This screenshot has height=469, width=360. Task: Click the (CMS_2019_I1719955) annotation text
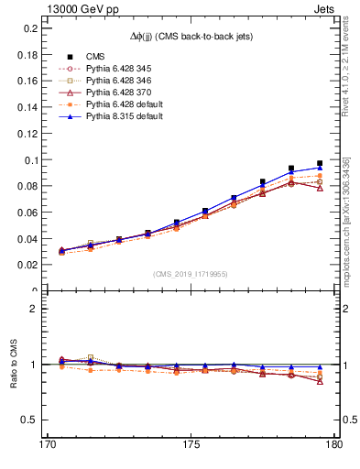coord(191,274)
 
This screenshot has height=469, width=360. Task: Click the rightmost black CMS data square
coord(320,164)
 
